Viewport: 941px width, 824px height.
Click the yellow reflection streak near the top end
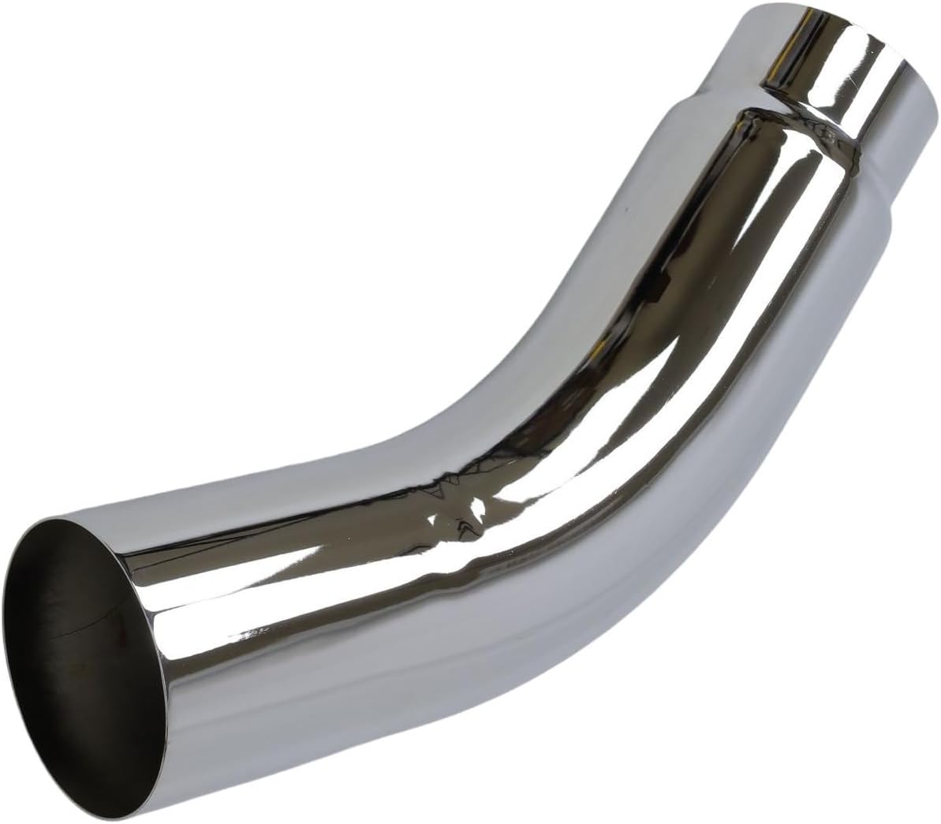pyautogui.click(x=789, y=47)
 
